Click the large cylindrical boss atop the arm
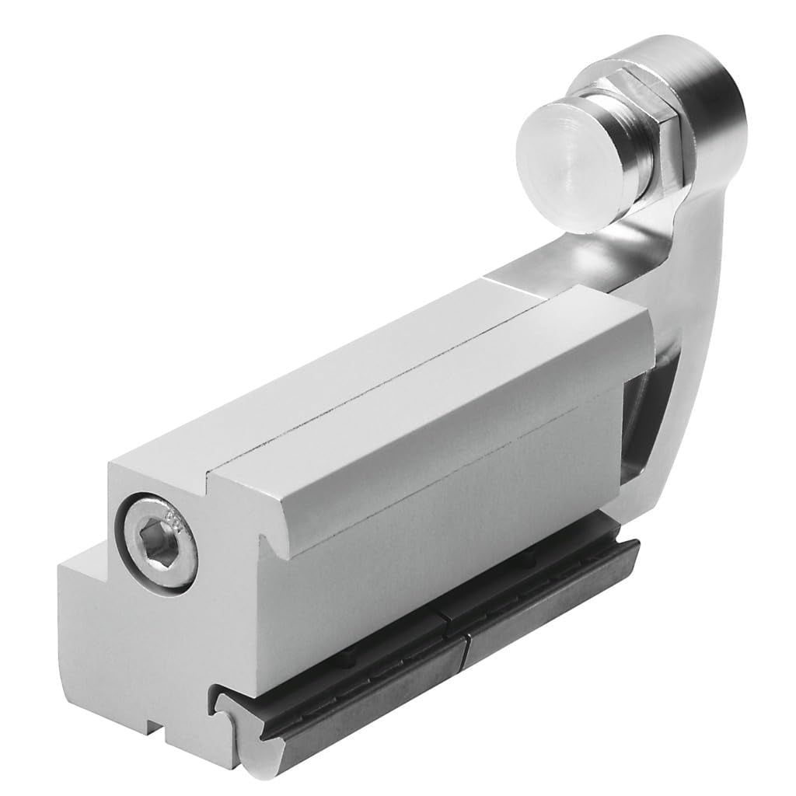coord(711,93)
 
